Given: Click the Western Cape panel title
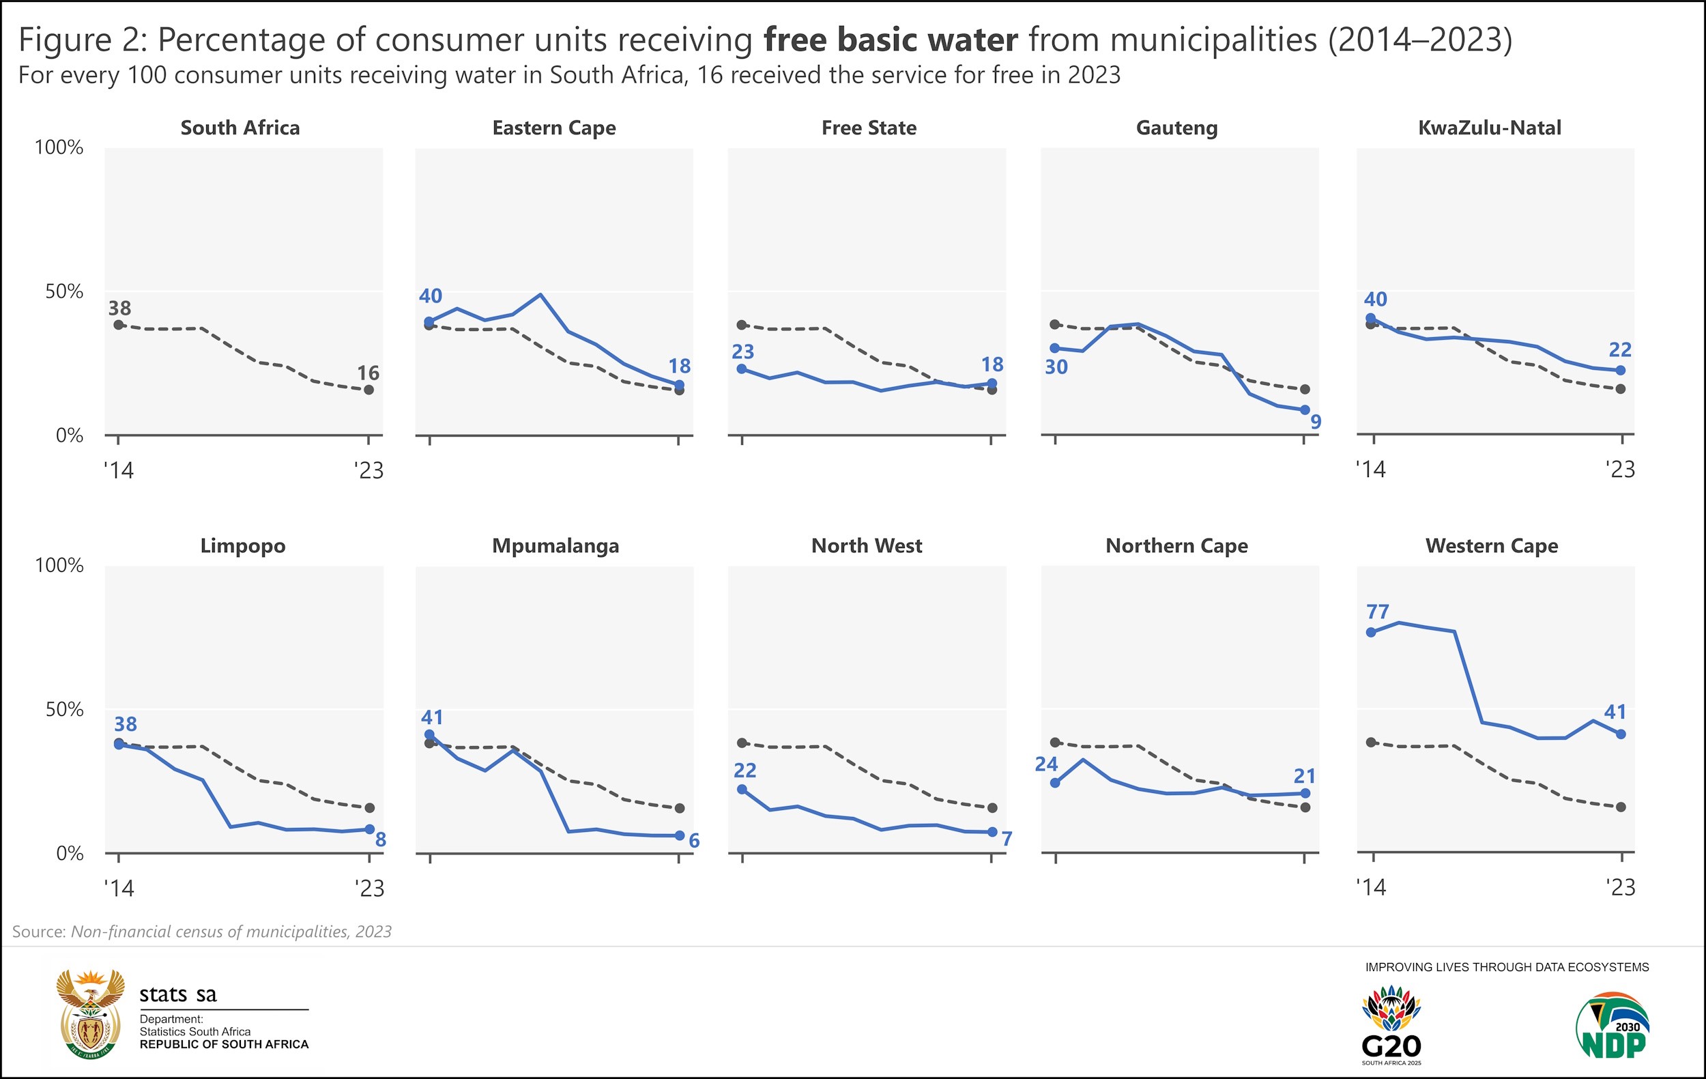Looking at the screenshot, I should tap(1491, 545).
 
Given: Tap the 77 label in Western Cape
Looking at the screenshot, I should tap(1377, 612).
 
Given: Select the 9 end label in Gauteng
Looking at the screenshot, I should tap(1316, 422).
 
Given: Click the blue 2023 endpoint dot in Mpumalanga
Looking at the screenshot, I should tap(680, 836).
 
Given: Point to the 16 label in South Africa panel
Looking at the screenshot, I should tap(368, 373).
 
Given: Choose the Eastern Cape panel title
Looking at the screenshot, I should tap(554, 128).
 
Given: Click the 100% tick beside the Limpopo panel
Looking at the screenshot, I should tap(59, 565).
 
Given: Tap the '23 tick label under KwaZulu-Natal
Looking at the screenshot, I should tap(1620, 469).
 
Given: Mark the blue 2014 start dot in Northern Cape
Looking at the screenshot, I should tap(1055, 783).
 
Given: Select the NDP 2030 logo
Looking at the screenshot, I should tap(1613, 1025).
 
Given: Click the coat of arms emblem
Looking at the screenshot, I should tap(91, 1015).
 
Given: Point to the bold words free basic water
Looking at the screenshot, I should tap(891, 40).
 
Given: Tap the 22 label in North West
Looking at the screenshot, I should tap(744, 770).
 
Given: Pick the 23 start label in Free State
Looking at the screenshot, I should tap(742, 351).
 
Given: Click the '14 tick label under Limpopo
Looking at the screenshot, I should tap(119, 888).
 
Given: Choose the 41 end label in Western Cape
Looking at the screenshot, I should tap(1615, 712).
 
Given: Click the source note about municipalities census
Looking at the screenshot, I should tap(202, 932).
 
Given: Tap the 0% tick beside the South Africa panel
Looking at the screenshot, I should tap(69, 435).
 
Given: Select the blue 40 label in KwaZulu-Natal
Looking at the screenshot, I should tap(1375, 299).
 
